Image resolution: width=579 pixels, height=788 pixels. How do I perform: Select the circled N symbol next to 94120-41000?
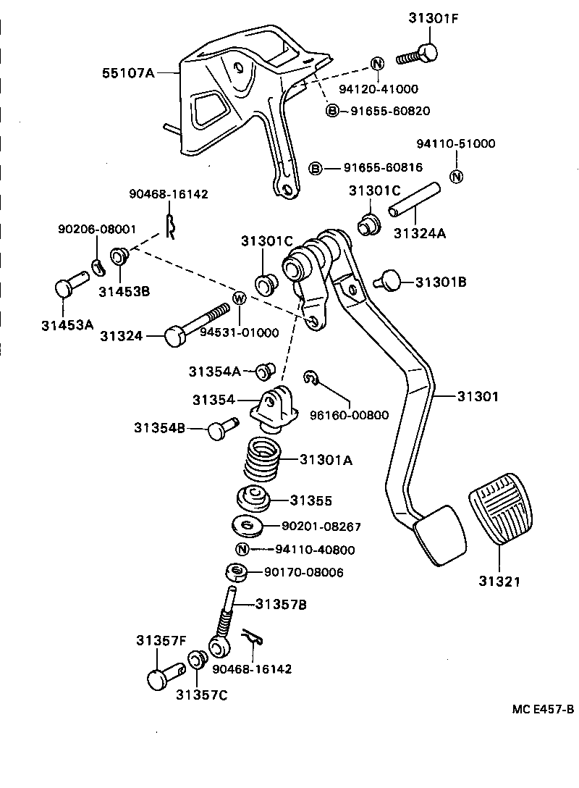tap(376, 64)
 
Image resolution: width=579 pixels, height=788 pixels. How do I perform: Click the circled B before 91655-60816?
tap(316, 168)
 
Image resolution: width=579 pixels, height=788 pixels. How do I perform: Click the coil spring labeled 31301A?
tap(261, 459)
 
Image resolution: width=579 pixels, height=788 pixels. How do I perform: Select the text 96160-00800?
tap(349, 415)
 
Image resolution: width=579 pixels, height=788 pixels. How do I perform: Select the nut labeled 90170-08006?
tap(237, 572)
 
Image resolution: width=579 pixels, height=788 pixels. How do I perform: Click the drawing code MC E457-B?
tap(543, 710)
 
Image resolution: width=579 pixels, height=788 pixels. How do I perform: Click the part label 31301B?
tap(441, 282)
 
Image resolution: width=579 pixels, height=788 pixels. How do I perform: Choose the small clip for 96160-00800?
tap(310, 377)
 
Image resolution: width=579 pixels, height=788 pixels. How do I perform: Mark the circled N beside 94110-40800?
tap(242, 549)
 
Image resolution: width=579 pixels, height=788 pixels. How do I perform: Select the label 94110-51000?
tap(456, 143)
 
